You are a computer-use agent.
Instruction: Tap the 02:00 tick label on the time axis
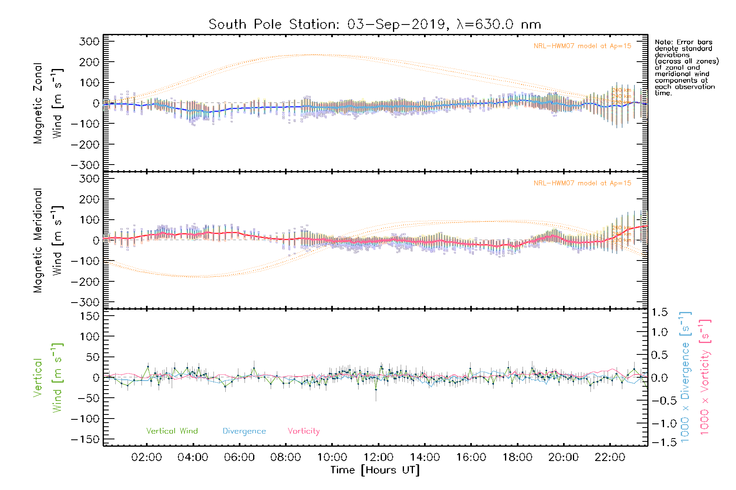pyautogui.click(x=146, y=457)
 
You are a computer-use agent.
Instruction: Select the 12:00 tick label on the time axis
pyautogui.click(x=379, y=457)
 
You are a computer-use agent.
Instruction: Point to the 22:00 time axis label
pyautogui.click(x=610, y=457)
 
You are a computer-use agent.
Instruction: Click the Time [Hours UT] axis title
pyautogui.click(x=375, y=470)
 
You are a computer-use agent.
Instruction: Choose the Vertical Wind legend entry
pyautogui.click(x=172, y=431)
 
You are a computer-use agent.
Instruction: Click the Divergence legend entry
pyautogui.click(x=244, y=431)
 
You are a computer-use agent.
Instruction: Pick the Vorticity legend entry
pyautogui.click(x=303, y=431)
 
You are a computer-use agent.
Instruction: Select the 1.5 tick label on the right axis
pyautogui.click(x=659, y=312)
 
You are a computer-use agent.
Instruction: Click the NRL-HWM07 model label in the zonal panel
pyautogui.click(x=582, y=46)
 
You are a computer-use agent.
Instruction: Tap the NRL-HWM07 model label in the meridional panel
pyautogui.click(x=582, y=183)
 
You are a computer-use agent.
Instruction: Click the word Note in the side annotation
pyautogui.click(x=663, y=42)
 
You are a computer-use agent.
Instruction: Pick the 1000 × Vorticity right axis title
pyautogui.click(x=705, y=377)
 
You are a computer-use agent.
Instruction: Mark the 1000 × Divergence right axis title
pyautogui.click(x=685, y=377)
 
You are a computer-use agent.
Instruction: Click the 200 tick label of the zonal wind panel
pyautogui.click(x=90, y=62)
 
